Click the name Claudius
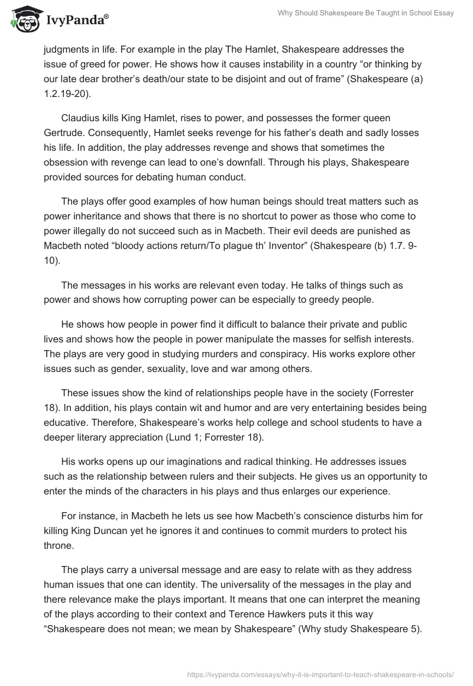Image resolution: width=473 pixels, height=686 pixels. pos(82,119)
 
